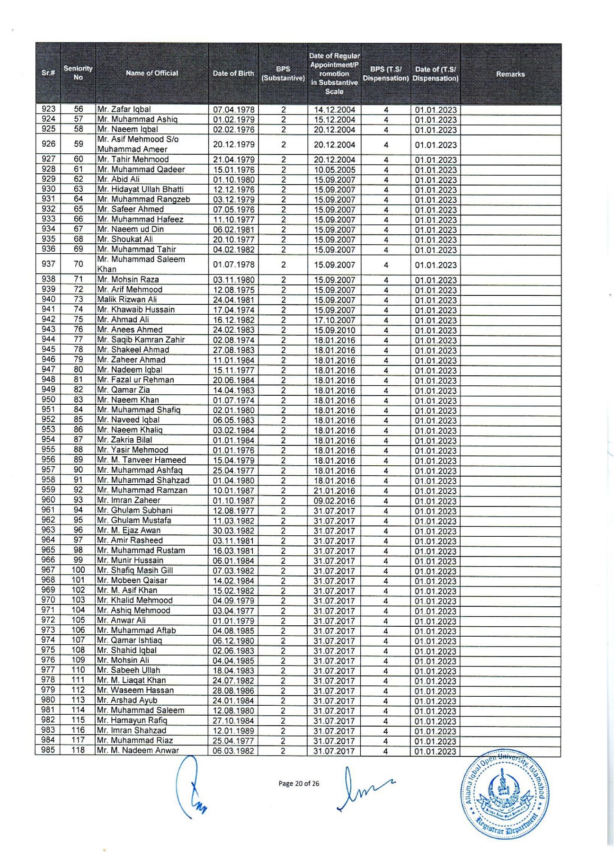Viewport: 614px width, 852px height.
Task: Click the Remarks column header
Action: tap(510, 74)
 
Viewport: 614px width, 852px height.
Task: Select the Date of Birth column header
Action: tap(233, 73)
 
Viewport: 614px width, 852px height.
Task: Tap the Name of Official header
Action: tap(152, 73)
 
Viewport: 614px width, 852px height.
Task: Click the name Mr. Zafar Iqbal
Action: tap(124, 109)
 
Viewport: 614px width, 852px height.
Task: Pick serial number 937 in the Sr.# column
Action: tap(48, 264)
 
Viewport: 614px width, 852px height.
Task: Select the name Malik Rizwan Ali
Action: tap(127, 300)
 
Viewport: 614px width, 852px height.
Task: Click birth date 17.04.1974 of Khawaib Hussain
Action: tap(233, 310)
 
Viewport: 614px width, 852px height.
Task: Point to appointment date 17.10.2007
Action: tap(334, 320)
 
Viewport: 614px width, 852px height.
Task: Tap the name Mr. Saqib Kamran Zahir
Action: tap(141, 340)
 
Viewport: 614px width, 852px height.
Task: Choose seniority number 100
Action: tap(78, 570)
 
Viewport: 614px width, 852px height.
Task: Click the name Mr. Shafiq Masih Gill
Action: tap(135, 571)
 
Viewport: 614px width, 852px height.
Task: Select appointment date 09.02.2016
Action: tap(334, 501)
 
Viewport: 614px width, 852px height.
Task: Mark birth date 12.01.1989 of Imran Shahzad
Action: tap(233, 731)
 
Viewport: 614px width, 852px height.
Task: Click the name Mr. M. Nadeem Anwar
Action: tap(138, 751)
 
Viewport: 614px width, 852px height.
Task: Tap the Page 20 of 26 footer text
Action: tap(299, 784)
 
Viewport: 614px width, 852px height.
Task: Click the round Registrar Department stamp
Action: tap(506, 794)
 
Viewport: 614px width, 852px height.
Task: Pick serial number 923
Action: tap(48, 109)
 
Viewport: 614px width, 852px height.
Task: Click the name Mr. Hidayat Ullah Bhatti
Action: tap(140, 189)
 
